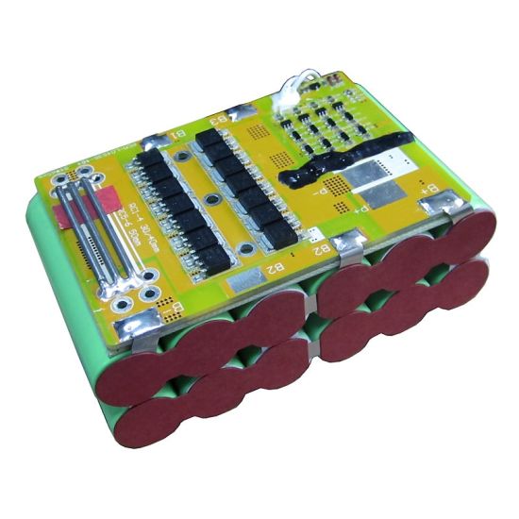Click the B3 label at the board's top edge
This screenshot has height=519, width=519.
217,121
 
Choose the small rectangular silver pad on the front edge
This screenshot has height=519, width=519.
248,280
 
